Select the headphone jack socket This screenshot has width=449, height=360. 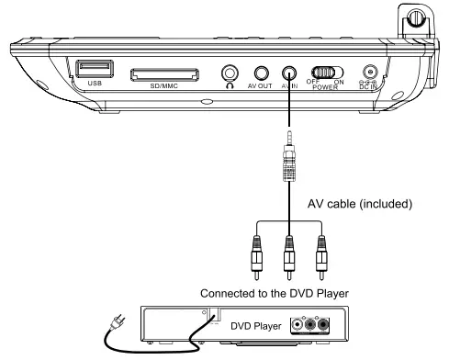230,73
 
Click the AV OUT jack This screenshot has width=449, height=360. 263,73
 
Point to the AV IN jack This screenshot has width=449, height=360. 290,73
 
